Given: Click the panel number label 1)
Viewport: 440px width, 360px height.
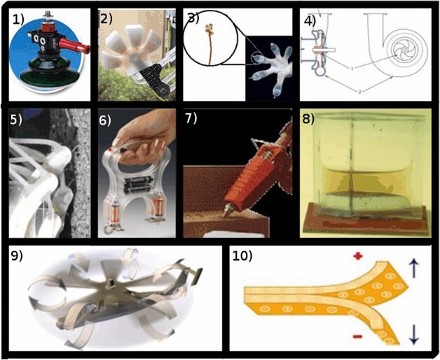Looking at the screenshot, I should (20, 19).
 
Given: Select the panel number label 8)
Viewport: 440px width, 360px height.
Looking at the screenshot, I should (309, 119).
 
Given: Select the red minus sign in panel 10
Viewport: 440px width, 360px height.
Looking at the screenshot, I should (358, 338).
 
